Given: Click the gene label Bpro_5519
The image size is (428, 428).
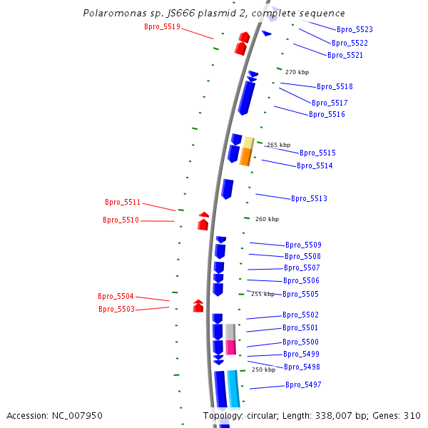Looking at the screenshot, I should point(162,27).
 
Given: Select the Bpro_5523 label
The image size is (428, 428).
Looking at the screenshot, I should point(355,30).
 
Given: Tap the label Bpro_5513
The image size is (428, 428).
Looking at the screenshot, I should point(309,199).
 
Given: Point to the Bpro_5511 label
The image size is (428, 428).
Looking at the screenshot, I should point(123,203).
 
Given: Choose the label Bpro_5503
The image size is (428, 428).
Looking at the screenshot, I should point(116,310).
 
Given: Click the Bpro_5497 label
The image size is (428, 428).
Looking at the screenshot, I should point(303,385).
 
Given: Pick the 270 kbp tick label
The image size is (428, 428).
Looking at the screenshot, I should point(297,72).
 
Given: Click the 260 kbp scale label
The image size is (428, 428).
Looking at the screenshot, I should point(267,219).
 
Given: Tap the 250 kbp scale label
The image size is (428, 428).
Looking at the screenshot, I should point(263,370).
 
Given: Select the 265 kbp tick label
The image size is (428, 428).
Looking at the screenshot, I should point(278,145).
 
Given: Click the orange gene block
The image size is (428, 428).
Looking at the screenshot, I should point(245,157).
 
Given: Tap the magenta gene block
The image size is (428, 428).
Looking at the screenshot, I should point(230,347).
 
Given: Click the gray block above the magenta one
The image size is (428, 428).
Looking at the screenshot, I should point(230,332).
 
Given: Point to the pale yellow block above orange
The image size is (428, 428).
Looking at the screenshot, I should point(248,142).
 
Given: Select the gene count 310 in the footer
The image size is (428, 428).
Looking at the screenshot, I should point(412,415).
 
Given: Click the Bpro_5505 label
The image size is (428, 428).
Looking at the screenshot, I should point(300,295).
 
